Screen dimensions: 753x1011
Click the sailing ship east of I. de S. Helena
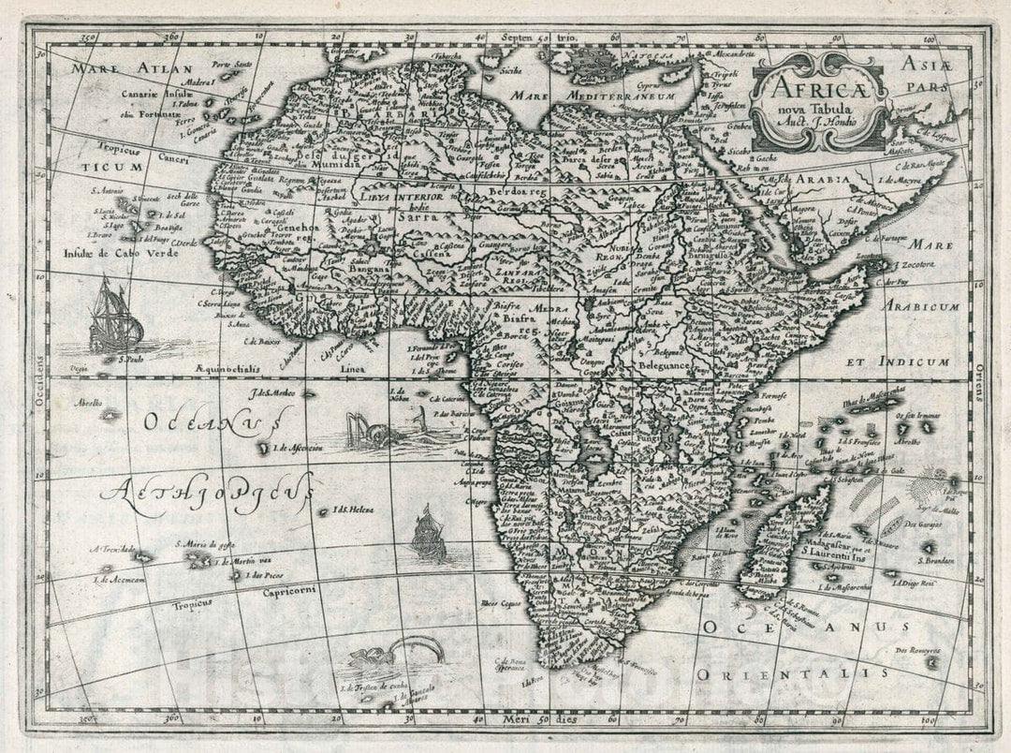tap(428, 533)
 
